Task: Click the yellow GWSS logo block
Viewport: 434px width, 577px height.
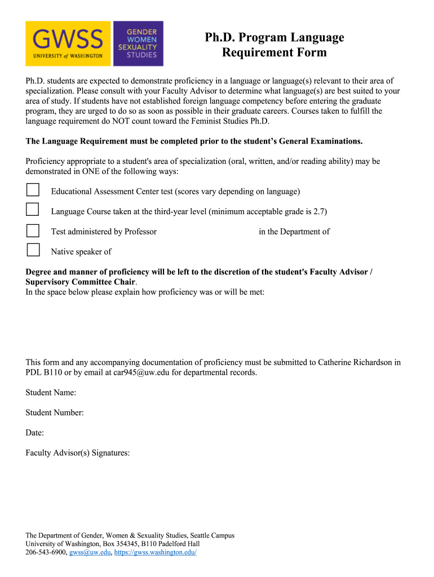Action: [68, 43]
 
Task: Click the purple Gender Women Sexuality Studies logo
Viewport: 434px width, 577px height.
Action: [138, 43]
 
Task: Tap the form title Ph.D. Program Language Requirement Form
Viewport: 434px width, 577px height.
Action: [274, 45]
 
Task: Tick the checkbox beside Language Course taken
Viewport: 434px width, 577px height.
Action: [33, 210]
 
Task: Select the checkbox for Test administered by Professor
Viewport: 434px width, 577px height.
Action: [33, 230]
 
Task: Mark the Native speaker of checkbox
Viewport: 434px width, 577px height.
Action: [33, 250]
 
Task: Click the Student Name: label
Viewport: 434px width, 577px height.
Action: [51, 392]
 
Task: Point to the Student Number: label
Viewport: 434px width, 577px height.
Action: [55, 412]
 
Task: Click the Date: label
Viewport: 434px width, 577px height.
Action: [34, 433]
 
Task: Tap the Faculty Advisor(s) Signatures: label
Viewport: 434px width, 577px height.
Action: [78, 452]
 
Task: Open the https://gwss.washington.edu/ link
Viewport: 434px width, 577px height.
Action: [155, 553]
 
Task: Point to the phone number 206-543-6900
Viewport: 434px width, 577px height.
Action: [47, 553]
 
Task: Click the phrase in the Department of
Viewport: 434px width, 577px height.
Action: [294, 232]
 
